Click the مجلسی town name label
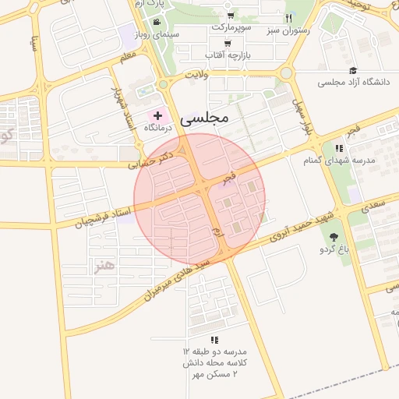(x=203, y=118)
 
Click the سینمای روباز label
(x=157, y=34)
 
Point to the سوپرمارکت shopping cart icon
(x=231, y=16)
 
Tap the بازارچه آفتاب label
(x=227, y=55)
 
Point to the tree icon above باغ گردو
(x=334, y=236)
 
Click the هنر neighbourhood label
(x=104, y=267)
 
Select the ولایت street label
(x=199, y=75)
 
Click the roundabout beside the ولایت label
(x=163, y=84)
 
